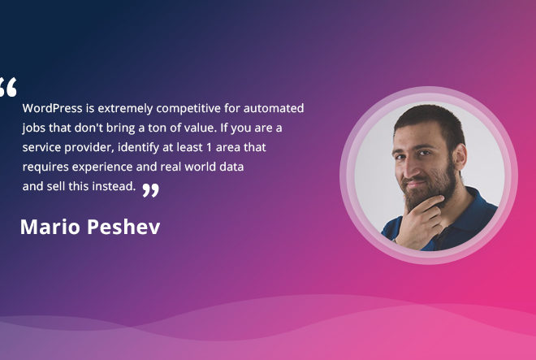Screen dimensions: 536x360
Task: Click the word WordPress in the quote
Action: pos(52,108)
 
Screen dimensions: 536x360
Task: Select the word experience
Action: pos(102,167)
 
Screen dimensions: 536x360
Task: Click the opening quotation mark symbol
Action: pos(7,87)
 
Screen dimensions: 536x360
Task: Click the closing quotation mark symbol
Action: pos(150,190)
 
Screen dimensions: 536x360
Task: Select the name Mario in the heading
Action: pos(50,227)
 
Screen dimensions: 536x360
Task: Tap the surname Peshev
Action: pos(123,227)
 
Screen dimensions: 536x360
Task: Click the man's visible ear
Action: pos(460,157)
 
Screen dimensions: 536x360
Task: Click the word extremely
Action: pos(125,109)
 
